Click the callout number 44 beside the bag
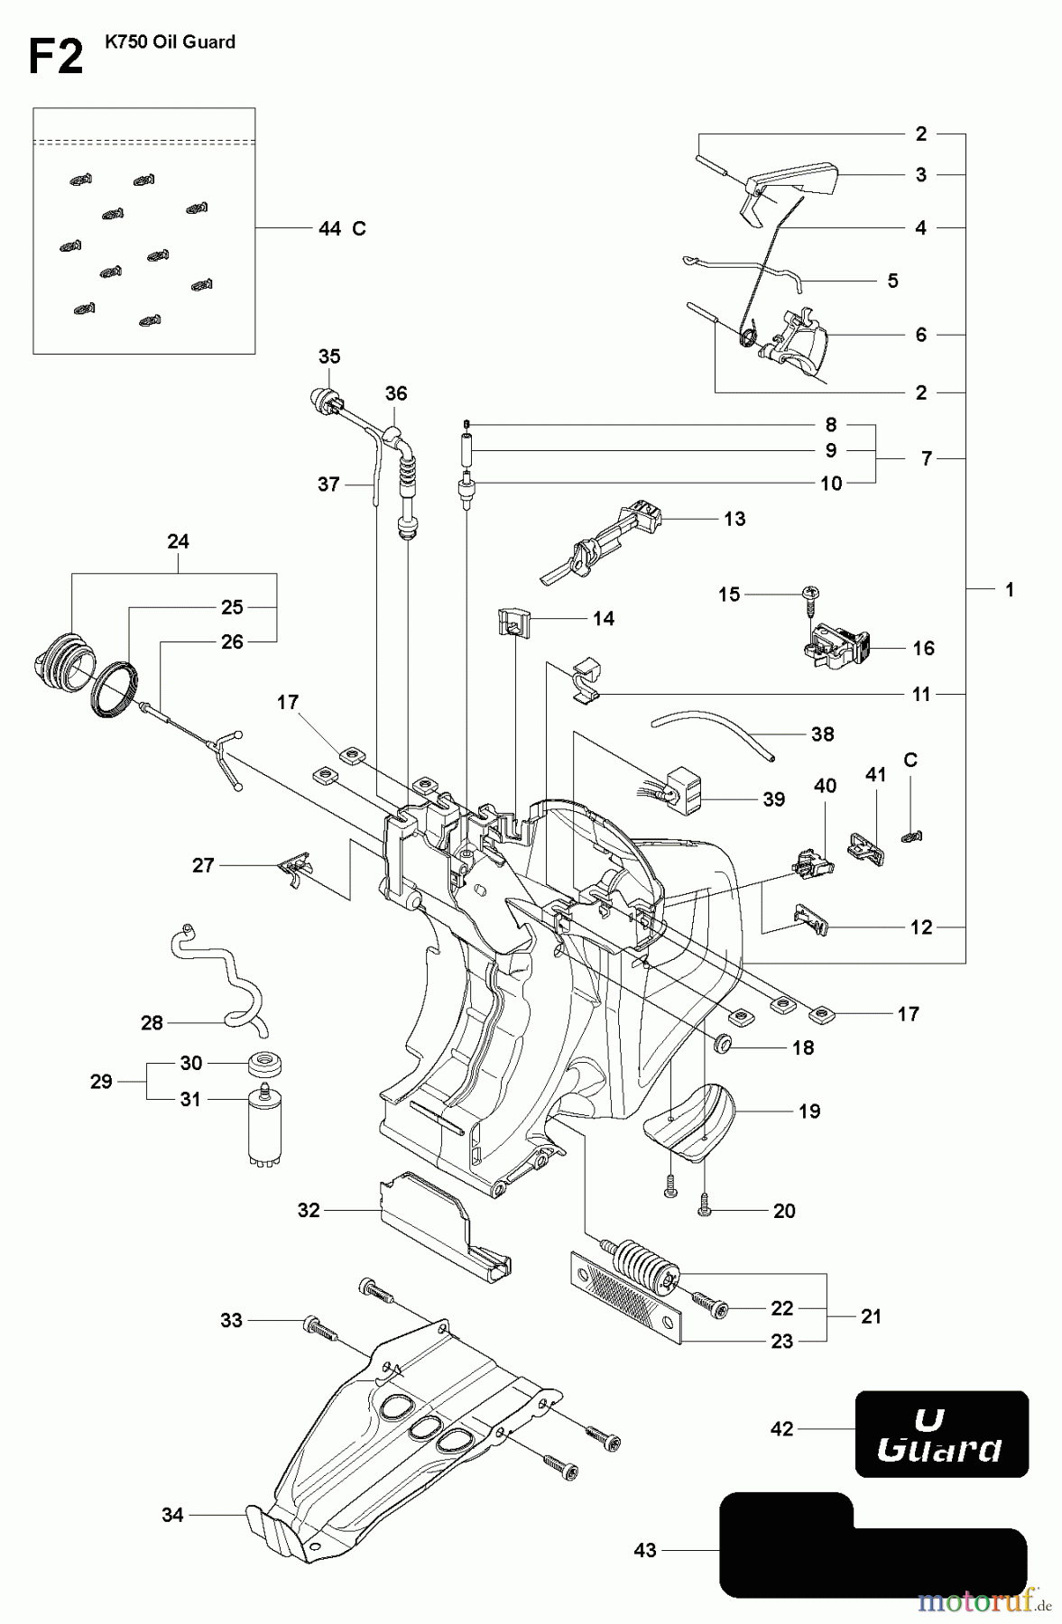coord(329,229)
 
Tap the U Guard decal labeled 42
coord(941,1434)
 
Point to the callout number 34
coord(171,1515)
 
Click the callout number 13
coord(734,519)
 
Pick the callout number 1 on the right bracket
coord(1009,589)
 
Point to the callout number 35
coord(328,356)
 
